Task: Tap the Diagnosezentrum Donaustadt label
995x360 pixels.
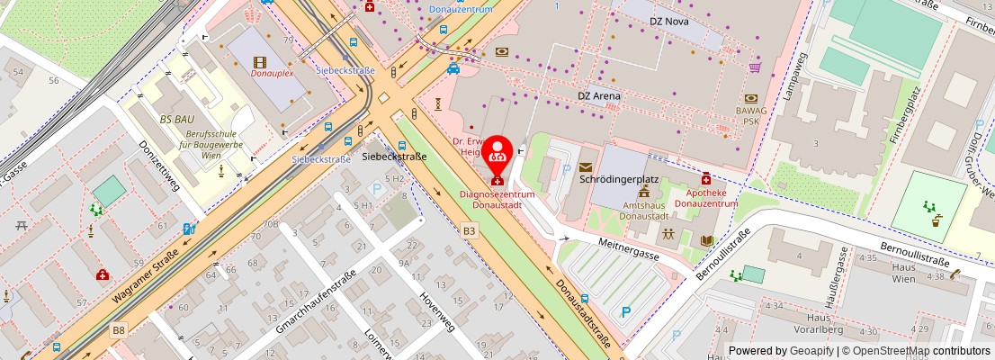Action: point(497,199)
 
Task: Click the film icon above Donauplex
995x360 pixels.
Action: point(261,61)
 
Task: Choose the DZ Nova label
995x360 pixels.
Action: point(668,21)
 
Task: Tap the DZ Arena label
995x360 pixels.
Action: point(599,95)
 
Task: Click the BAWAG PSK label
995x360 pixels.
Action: point(750,114)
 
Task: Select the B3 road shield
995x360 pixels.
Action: point(470,231)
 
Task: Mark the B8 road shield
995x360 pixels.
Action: point(120,330)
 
